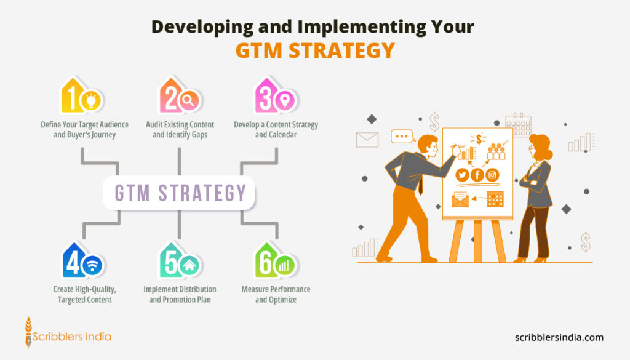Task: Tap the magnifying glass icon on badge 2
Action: click(x=188, y=99)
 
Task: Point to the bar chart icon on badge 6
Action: click(x=284, y=265)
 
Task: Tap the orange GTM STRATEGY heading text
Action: click(x=314, y=50)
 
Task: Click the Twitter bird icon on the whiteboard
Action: click(x=462, y=175)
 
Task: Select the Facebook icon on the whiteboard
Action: click(x=477, y=175)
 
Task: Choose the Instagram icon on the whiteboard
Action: click(x=492, y=175)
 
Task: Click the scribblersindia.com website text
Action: click(x=559, y=337)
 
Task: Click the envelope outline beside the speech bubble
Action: click(x=367, y=140)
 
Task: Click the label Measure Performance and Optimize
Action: click(x=276, y=294)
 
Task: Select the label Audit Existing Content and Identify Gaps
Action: click(x=180, y=129)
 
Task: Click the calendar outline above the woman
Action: click(x=517, y=124)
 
